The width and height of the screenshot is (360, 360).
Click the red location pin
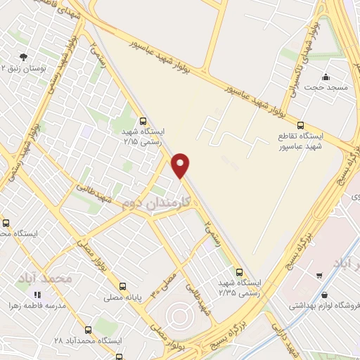(181, 165)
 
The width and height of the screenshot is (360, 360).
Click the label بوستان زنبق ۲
(25, 68)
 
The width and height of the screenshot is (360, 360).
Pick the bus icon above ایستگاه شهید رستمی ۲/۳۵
(240, 272)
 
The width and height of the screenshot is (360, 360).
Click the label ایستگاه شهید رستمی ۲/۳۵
(239, 288)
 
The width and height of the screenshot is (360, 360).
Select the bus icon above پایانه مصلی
(124, 286)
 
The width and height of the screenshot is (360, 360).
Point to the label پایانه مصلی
(124, 297)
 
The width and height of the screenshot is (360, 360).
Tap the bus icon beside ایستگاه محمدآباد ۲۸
(86, 329)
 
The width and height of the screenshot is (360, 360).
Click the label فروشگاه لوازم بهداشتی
(323, 306)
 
